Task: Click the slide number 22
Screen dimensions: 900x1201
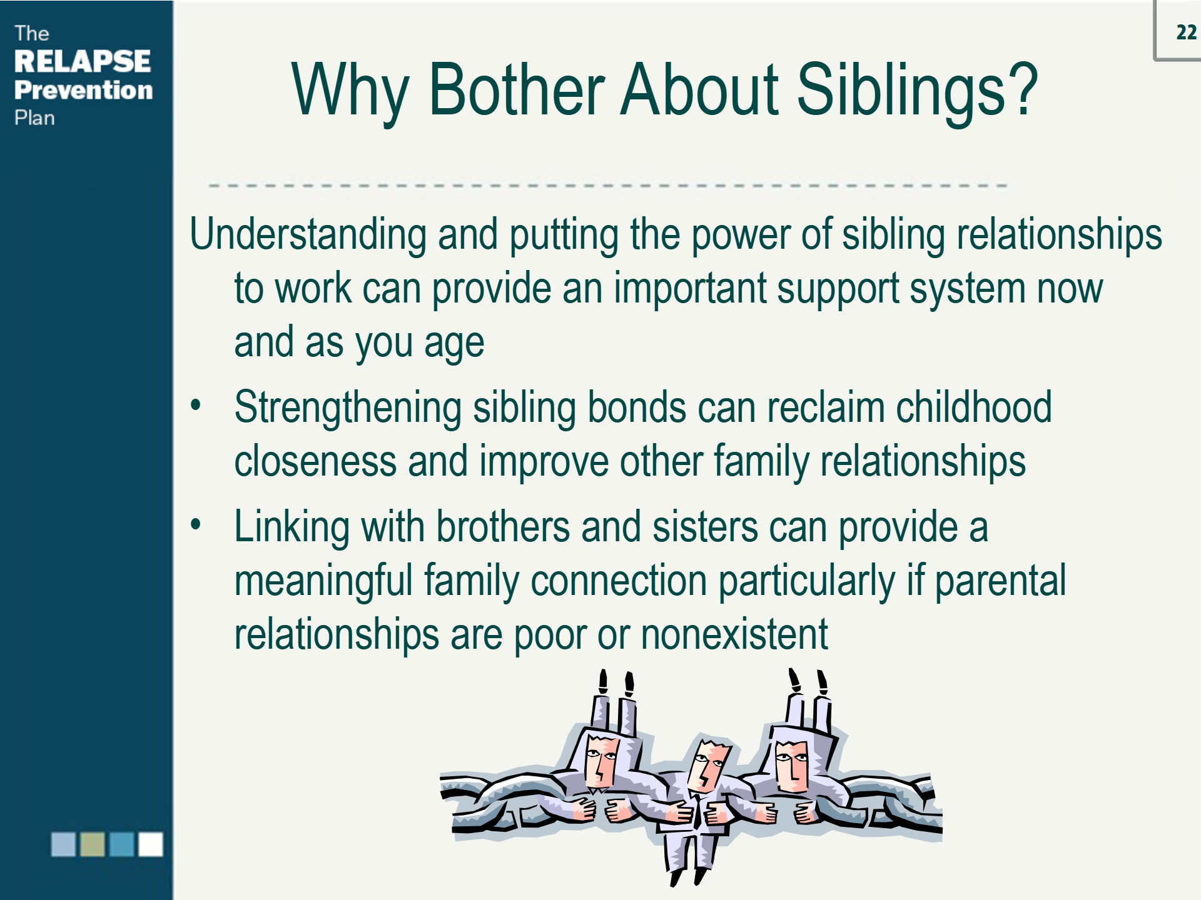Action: (1185, 32)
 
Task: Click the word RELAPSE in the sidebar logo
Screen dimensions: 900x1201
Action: (83, 61)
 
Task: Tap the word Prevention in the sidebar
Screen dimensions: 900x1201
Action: (83, 90)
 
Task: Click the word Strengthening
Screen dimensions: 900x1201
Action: (348, 407)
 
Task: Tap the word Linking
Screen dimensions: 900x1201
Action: (291, 526)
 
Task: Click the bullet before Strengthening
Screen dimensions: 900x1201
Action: (196, 405)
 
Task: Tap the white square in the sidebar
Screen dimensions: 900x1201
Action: (150, 844)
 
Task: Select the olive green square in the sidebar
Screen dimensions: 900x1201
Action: (93, 844)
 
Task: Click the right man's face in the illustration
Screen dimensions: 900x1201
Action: (791, 766)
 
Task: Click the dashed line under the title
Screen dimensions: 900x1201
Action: (607, 186)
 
